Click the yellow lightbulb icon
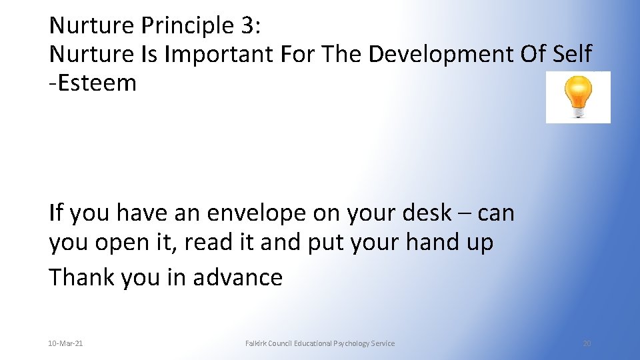pos(578,97)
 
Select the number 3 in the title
pos(246,25)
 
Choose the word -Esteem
pos(93,83)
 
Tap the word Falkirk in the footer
pos(257,343)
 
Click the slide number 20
pos(587,343)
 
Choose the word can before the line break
pos(495,213)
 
